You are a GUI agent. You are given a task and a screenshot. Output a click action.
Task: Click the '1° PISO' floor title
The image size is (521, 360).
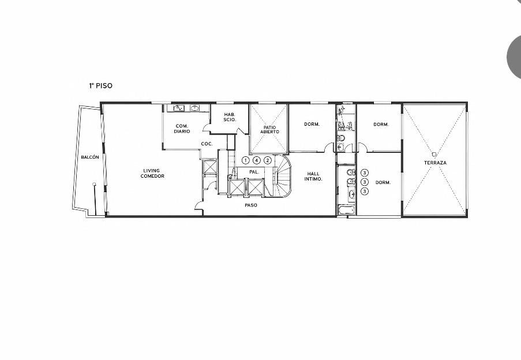[x=100, y=86]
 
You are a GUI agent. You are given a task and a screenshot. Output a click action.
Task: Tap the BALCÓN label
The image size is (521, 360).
[x=89, y=157]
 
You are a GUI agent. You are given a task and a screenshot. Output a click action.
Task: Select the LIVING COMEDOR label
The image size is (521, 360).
[x=152, y=173]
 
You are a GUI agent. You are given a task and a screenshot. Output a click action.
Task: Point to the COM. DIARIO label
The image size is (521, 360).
[x=182, y=129]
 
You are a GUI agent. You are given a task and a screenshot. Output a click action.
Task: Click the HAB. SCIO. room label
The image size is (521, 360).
[x=230, y=117]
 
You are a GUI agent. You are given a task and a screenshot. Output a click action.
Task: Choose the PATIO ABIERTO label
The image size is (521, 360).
[x=269, y=130]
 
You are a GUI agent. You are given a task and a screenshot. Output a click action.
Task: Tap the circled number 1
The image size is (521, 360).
[x=245, y=160]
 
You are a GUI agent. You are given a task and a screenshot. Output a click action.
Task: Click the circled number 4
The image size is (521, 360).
[x=256, y=160]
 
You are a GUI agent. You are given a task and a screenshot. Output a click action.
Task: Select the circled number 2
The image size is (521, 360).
[x=268, y=160]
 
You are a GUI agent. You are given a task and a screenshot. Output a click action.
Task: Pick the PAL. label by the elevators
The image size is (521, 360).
[x=254, y=172]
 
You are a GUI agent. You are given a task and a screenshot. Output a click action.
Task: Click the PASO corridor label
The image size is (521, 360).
[x=251, y=205]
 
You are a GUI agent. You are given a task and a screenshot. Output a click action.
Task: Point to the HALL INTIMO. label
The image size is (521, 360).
[x=313, y=177]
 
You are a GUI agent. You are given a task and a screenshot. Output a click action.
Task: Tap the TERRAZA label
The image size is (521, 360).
[x=435, y=163]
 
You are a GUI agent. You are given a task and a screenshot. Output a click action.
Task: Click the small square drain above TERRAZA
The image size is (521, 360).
[x=434, y=154]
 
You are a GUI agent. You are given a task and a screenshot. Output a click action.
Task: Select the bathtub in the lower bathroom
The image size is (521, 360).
[x=347, y=210]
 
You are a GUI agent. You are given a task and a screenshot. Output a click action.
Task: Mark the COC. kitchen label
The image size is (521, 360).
[x=207, y=144]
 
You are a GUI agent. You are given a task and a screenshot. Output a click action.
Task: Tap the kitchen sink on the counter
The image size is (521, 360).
[x=179, y=108]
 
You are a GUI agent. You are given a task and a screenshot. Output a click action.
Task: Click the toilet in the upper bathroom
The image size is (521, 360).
[x=341, y=138]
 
